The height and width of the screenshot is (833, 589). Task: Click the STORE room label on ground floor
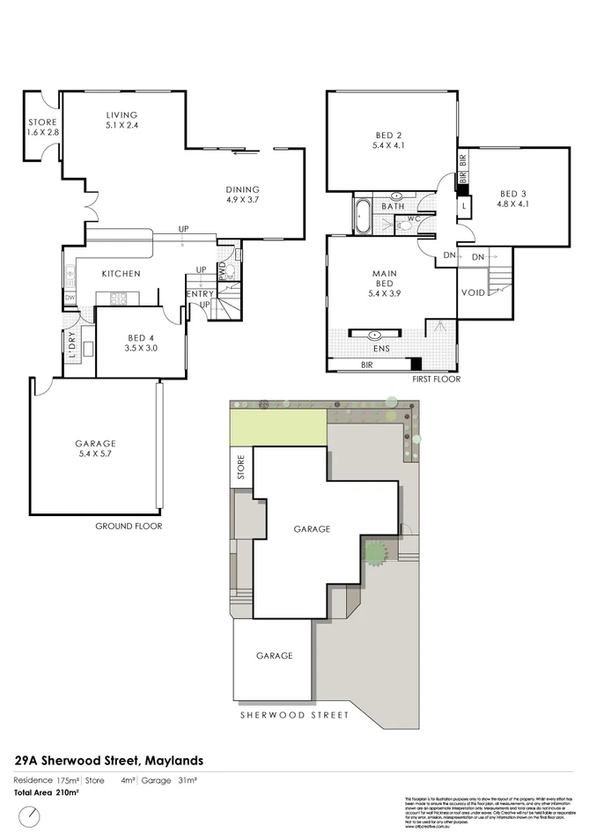pos(42,122)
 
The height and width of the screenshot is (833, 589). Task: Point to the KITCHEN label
pos(121,274)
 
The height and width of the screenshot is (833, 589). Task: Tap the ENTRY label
pos(198,293)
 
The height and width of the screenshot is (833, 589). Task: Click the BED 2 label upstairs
pos(388,135)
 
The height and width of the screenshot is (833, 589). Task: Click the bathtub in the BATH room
pos(362,217)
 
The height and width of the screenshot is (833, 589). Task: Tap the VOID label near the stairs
pos(472,293)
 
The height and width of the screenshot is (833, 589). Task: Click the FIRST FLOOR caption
pos(436,380)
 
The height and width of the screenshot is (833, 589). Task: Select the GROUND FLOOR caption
pos(129,526)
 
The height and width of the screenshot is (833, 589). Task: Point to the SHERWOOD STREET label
pos(294,715)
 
